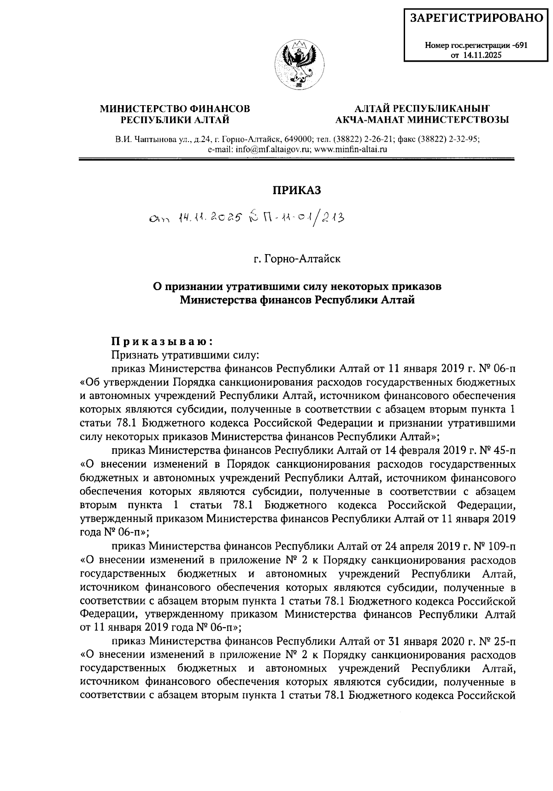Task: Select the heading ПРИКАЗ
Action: pos(297,190)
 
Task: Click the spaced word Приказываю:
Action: pos(162,342)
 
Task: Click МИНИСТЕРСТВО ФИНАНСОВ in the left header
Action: pos(175,109)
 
